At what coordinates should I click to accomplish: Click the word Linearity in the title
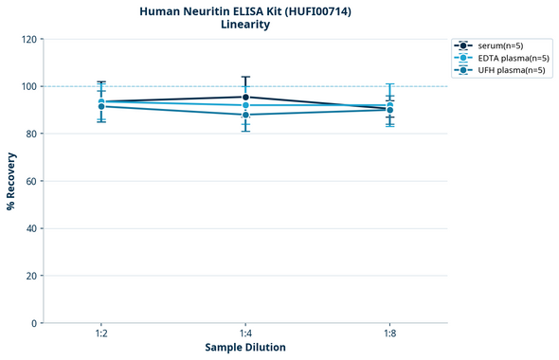pos(244,26)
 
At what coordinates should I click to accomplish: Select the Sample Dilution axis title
pos(244,348)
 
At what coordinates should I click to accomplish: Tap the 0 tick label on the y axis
pos(33,323)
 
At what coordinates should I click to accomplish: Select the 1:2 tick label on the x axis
pos(101,333)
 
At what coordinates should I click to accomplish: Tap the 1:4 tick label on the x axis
pos(245,333)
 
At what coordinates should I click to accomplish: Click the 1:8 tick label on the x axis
pos(389,333)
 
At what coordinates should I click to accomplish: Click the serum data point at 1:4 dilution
pos(245,97)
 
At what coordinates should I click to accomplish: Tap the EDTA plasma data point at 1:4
pos(245,105)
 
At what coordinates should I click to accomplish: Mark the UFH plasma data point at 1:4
pos(245,115)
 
